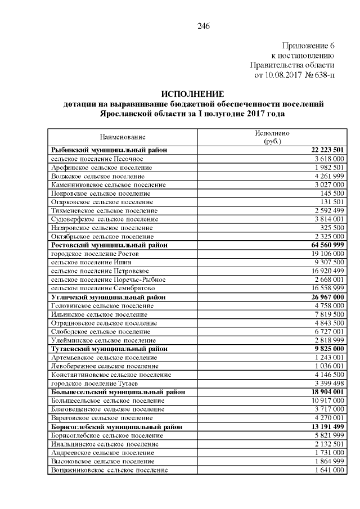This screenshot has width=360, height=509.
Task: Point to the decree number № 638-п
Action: coord(319,74)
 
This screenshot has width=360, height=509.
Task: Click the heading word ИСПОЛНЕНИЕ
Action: coord(192,93)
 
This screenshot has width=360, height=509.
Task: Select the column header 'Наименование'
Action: coord(123,137)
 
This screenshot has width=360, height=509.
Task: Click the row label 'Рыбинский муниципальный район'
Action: coord(109,150)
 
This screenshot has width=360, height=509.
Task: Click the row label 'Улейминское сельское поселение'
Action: coord(103,340)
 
